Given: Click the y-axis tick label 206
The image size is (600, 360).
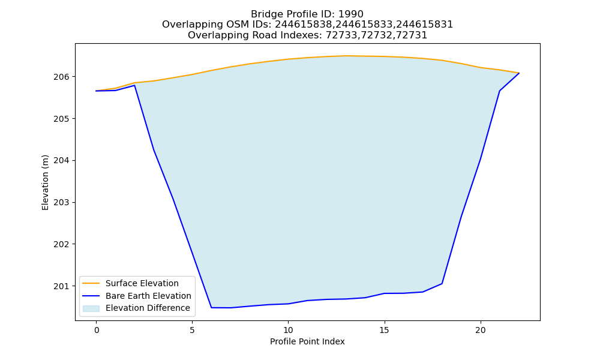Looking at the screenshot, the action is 62,77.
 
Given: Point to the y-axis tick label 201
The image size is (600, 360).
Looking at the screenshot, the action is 62,286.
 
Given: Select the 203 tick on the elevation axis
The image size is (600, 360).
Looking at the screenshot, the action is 62,202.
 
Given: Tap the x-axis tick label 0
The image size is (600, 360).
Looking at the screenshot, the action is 97,330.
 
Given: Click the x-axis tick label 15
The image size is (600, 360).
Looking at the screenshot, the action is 384,330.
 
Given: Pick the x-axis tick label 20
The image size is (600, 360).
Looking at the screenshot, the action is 480,330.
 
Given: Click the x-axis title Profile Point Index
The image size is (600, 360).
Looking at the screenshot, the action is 307,341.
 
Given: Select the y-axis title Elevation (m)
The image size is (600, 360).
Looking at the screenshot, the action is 45,182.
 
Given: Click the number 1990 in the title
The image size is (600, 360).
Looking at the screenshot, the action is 351,14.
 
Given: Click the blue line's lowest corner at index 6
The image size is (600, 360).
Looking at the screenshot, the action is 212,308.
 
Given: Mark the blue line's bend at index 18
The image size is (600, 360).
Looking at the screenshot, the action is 442,283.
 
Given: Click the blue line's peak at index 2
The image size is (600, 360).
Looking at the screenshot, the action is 134,85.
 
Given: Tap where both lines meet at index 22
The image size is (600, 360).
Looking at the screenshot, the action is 519,73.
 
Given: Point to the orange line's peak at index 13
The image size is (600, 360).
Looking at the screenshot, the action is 346,56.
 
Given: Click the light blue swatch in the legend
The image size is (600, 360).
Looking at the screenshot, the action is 91,308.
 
